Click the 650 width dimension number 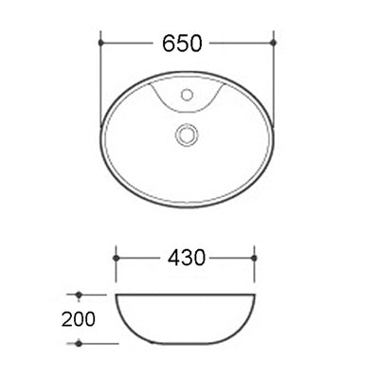(188, 42)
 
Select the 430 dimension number (187, 257)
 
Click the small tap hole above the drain (188, 95)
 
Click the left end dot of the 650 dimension (100, 42)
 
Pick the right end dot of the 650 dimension (274, 42)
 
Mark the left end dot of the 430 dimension (116, 257)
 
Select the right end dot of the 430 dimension (256, 257)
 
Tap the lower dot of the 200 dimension (81, 342)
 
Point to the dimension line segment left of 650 (128, 42)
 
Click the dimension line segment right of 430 (232, 257)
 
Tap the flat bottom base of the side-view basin (187, 342)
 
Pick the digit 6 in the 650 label (170, 42)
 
